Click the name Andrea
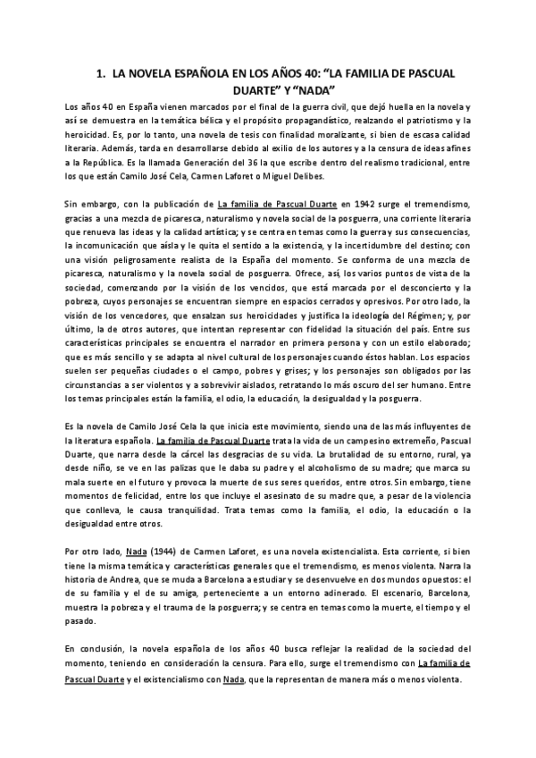click(134, 556)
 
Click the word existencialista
click(382, 526)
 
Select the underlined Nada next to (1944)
click(161, 526)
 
